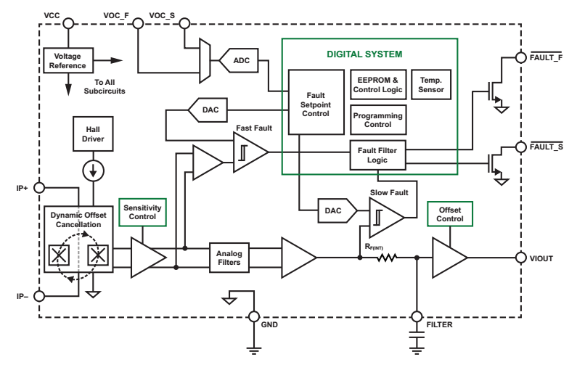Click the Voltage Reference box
pyautogui.click(x=67, y=60)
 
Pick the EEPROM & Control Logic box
pyautogui.click(x=377, y=85)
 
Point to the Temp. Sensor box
pyautogui.click(x=431, y=85)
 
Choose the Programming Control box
pyautogui.click(x=377, y=119)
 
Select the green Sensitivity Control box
pyautogui.click(x=143, y=212)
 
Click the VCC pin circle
pyautogui.click(x=68, y=24)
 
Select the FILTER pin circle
pyautogui.click(x=417, y=316)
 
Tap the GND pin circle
pyautogui.click(x=255, y=316)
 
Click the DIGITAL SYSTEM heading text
pyautogui.click(x=369, y=54)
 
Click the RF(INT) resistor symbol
pyautogui.click(x=388, y=258)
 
